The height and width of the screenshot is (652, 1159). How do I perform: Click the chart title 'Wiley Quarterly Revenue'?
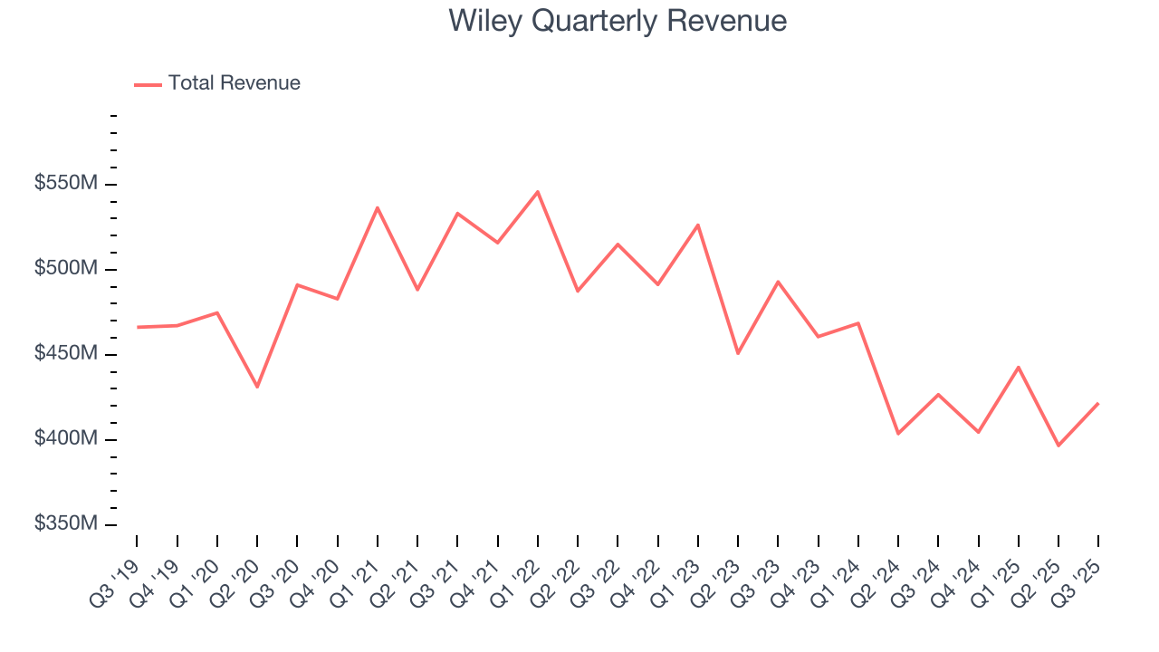618,21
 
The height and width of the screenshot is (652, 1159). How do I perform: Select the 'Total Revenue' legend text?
234,83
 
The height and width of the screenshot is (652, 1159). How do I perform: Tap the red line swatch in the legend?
148,84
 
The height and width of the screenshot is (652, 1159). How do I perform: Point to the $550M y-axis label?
66,184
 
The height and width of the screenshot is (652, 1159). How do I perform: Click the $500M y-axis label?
66,269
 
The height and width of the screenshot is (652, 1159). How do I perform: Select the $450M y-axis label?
66,354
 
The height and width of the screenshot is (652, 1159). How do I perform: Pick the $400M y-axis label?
66,439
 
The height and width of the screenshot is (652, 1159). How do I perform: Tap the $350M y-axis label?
66,524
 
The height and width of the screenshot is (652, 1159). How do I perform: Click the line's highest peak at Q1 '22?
538,192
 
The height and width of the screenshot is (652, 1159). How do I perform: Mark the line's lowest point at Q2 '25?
1058,446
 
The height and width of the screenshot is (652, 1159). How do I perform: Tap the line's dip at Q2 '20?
257,387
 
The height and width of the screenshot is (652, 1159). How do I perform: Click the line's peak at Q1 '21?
378,207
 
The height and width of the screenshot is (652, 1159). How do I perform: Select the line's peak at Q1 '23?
698,225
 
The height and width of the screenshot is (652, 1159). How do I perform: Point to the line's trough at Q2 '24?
897,434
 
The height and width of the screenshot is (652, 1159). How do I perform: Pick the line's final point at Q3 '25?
1097,404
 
